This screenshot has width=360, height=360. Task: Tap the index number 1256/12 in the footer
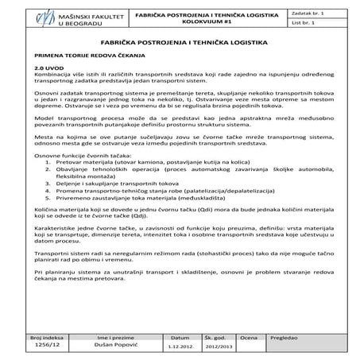41,347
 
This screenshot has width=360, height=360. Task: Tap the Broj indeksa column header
41,338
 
